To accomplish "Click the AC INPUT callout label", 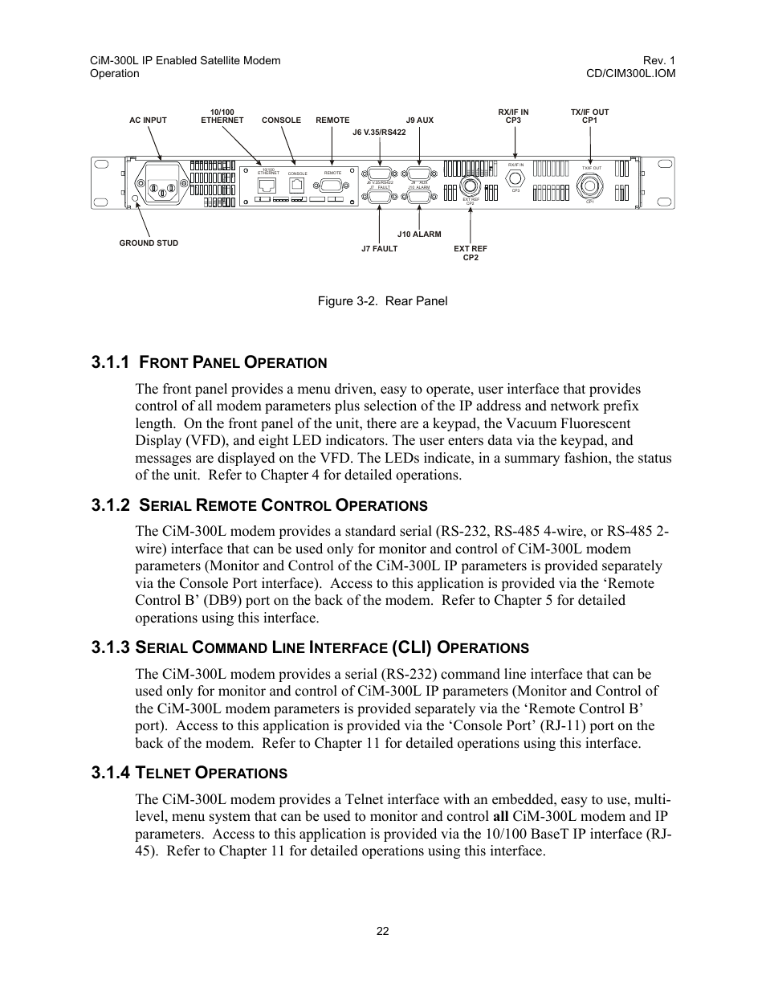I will [148, 120].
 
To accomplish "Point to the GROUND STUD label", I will [149, 243].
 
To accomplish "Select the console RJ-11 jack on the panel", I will [297, 184].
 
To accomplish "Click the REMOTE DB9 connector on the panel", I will [332, 185].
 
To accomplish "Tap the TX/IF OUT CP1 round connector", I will [592, 182].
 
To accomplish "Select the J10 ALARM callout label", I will [419, 235].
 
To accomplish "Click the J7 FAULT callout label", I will [379, 249].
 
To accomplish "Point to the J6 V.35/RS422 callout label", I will [379, 133].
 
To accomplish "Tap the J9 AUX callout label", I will [419, 120].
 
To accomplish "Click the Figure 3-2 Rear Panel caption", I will [382, 301].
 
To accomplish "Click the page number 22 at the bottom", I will [382, 931].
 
